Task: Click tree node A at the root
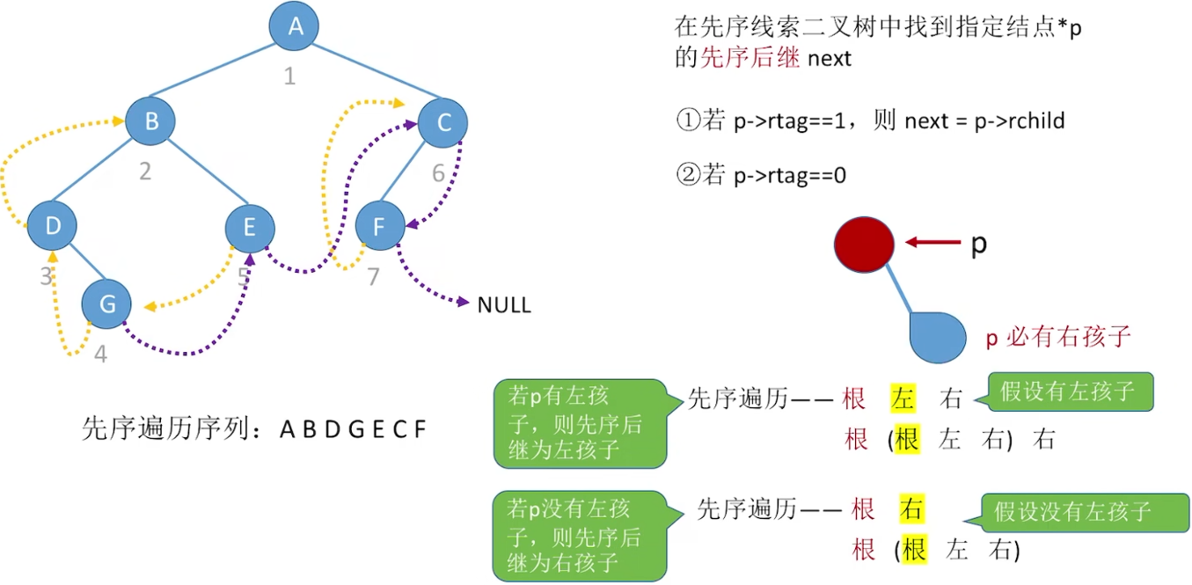pos(294,26)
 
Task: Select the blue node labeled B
pos(151,121)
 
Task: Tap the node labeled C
pos(443,123)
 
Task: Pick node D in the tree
pos(53,226)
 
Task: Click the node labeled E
pos(250,228)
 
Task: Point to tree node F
pos(379,228)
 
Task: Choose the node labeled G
pos(106,304)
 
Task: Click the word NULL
pos(504,306)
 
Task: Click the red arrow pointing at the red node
pos(932,243)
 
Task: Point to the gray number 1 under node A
pos(289,77)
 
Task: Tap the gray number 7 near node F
pos(373,277)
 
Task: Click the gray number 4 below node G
pos(100,355)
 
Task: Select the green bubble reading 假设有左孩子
pos(1069,391)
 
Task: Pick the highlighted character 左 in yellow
pos(903,399)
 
